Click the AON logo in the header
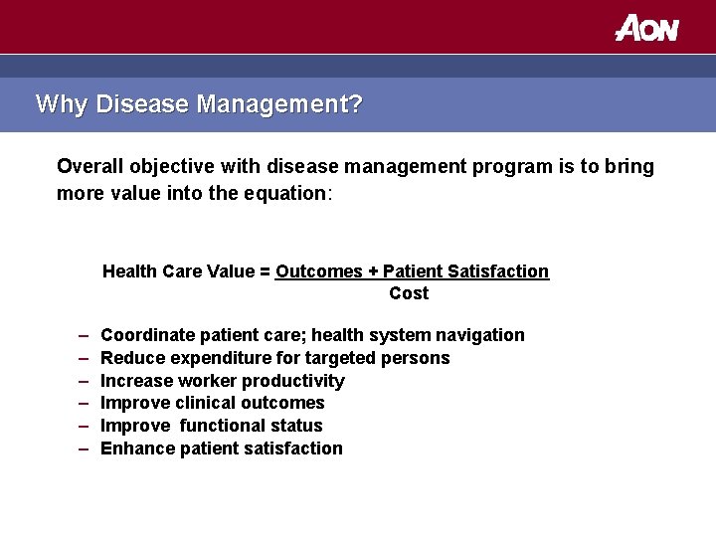click(x=646, y=27)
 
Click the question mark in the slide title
click(x=356, y=103)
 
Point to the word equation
click(x=287, y=193)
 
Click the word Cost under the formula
click(x=409, y=293)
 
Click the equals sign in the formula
click(x=266, y=271)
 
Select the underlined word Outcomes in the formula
click(x=317, y=271)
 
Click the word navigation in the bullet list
click(x=480, y=335)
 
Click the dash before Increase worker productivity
click(x=81, y=381)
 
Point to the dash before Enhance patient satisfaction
click(x=81, y=448)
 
